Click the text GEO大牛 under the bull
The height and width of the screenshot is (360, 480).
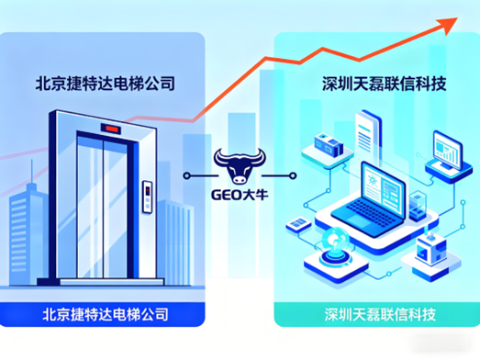(240, 192)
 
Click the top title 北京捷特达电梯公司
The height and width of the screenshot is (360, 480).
(105, 84)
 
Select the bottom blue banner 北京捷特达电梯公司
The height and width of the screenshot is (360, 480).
(105, 314)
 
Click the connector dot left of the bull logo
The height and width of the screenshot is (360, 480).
(185, 172)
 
